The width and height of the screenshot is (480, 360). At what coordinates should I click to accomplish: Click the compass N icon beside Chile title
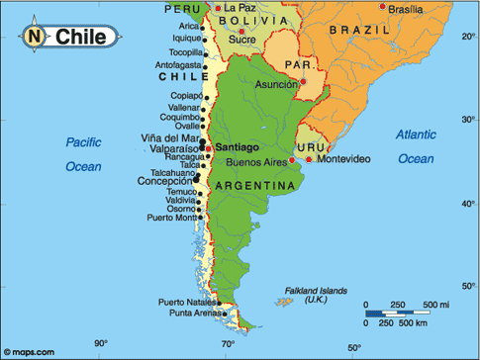[x=36, y=38]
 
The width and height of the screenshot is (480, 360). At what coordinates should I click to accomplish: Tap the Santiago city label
[x=237, y=146]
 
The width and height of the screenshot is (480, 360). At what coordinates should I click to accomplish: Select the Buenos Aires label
[x=256, y=161]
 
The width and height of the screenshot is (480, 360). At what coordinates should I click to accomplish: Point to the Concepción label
[x=165, y=182]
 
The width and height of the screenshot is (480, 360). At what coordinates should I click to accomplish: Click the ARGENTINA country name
[x=260, y=185]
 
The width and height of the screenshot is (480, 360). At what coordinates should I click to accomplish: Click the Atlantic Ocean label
[x=415, y=145]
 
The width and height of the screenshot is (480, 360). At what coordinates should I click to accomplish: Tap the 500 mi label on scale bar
[x=436, y=304]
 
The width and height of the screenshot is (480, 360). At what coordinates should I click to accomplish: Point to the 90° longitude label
[x=99, y=345]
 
